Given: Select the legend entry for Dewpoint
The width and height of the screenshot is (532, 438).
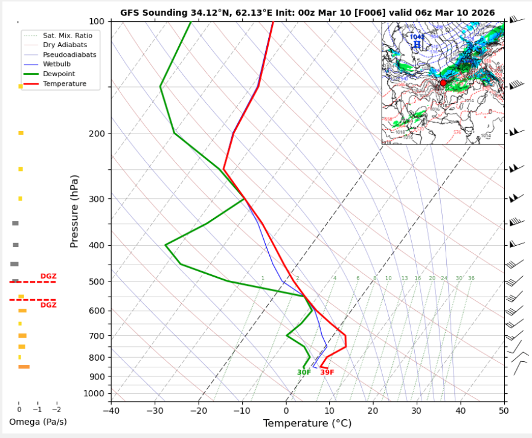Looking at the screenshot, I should coord(59,74).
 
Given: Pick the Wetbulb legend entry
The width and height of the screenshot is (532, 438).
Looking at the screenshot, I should coord(57,64).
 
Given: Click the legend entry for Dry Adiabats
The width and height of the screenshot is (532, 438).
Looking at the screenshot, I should coord(65,45).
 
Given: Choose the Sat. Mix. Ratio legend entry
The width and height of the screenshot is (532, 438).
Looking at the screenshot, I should coord(67,36).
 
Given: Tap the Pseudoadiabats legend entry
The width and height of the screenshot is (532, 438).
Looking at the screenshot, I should coord(69,54).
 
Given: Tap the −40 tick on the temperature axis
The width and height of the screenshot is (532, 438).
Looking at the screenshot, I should coord(111,411).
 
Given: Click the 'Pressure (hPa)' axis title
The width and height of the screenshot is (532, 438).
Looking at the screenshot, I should coord(74,211).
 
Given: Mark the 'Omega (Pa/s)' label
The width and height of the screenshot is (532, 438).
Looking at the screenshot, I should coord(37,422).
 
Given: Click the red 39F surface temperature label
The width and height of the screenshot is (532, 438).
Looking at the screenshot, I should coord(327,373).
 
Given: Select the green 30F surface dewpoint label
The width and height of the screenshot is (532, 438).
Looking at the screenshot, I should coord(304,373).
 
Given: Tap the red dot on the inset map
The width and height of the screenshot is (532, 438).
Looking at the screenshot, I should coord(443,83).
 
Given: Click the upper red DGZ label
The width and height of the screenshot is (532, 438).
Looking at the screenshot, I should coord(48,276).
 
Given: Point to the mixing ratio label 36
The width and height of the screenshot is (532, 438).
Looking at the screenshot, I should coord(471,279).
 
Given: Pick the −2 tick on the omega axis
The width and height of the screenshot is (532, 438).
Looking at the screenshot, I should coord(56,409).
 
